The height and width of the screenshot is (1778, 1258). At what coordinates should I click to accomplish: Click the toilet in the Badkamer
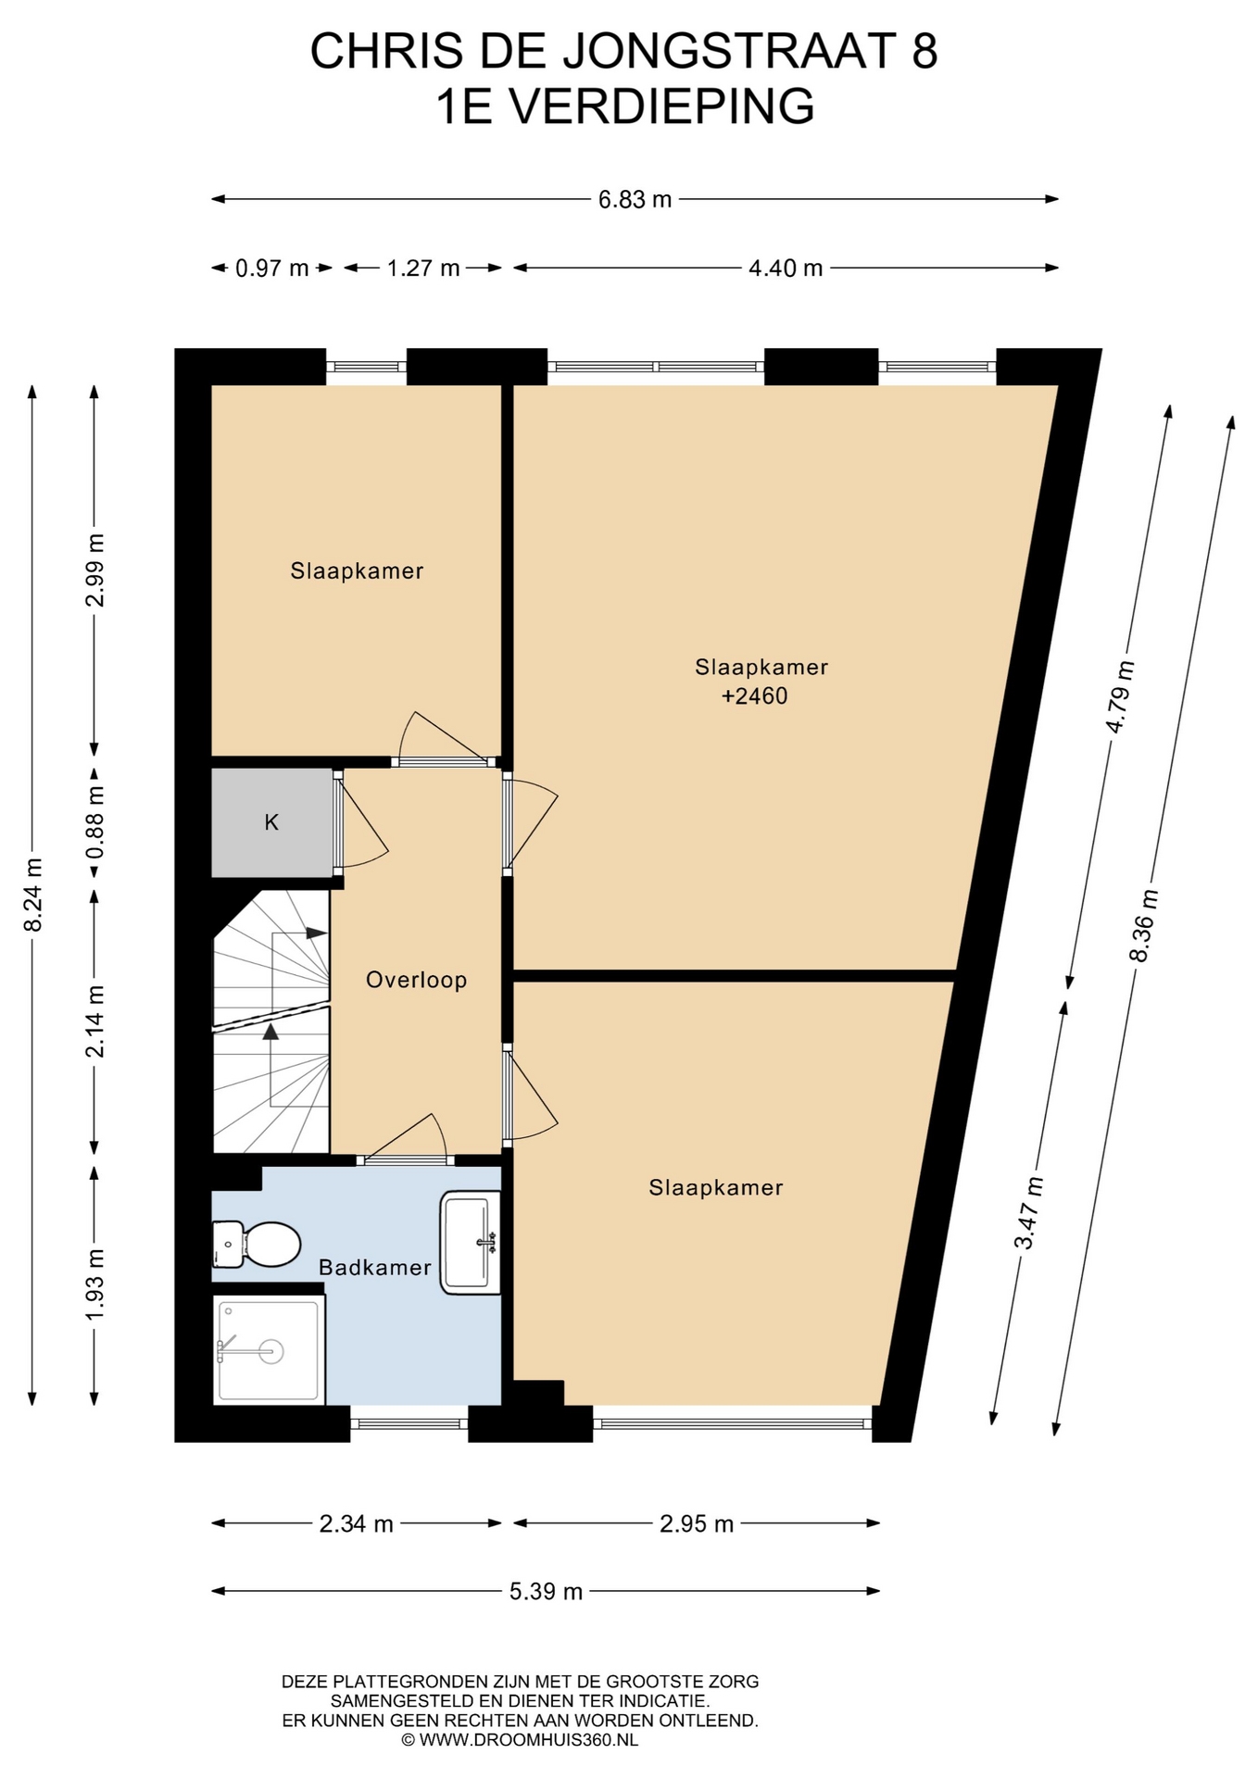(257, 1244)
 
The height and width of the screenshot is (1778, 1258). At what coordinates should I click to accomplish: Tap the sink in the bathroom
(471, 1242)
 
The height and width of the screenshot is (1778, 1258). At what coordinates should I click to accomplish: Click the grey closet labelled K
(272, 822)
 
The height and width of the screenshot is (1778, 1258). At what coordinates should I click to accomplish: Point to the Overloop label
(416, 980)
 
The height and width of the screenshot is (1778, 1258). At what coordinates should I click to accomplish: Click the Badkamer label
(375, 1267)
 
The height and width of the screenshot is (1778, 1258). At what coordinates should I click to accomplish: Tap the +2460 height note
(754, 695)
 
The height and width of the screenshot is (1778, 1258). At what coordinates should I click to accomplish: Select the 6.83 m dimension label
(635, 199)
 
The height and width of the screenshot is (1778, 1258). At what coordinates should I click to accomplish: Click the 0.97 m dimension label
(271, 269)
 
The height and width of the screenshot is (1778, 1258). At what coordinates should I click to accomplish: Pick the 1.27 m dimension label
(423, 269)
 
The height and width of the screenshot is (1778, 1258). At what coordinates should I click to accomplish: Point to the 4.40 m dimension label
(786, 269)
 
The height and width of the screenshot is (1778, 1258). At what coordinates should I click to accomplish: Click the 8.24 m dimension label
(33, 895)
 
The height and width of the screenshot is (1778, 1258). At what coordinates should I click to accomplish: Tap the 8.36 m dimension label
(1144, 926)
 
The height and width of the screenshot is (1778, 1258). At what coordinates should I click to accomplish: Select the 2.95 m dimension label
(697, 1523)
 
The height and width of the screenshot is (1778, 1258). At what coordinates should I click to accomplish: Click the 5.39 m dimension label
(547, 1592)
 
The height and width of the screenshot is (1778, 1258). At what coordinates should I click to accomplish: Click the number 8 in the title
(925, 51)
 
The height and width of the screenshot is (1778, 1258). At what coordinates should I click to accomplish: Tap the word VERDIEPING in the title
(663, 106)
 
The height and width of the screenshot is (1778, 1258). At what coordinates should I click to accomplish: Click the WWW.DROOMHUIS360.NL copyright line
(520, 1740)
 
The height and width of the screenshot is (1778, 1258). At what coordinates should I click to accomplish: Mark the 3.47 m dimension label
(1028, 1213)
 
